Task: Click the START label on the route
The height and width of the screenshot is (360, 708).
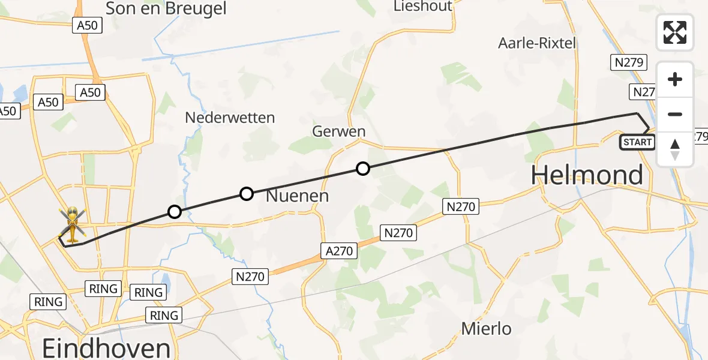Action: point(637,142)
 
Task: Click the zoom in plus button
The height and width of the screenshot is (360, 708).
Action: point(675,80)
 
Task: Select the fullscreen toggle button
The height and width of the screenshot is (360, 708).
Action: point(675,32)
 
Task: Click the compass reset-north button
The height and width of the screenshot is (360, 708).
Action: point(675,149)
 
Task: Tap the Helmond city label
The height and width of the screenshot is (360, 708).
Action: point(587,175)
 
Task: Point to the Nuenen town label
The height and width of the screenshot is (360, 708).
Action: point(296,196)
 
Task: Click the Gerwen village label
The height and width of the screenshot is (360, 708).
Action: point(339,131)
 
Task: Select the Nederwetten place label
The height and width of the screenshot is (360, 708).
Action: point(230,118)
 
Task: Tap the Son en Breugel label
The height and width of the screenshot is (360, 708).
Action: point(166,8)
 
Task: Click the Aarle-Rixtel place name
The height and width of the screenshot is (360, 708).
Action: point(537,43)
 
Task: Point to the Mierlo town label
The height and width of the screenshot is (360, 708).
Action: point(486,329)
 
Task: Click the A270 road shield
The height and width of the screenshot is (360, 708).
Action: point(340,251)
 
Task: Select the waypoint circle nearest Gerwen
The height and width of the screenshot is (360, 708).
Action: point(362,169)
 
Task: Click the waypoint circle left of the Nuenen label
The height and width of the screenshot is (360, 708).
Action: point(246,193)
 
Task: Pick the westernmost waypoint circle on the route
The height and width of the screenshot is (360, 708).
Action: point(174,211)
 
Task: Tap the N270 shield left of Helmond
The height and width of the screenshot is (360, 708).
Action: point(460,207)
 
